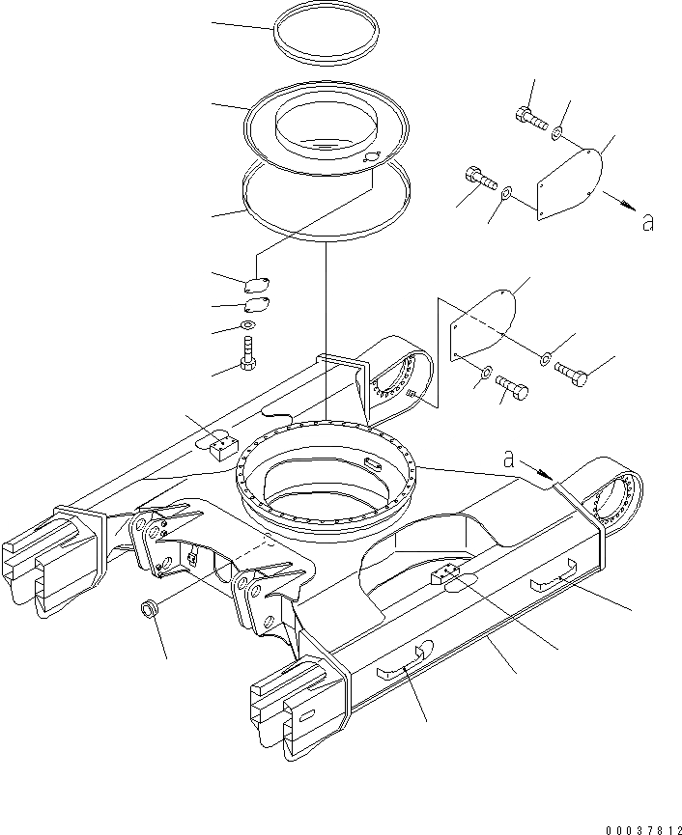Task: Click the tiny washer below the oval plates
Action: tap(248, 326)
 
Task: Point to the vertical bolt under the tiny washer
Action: tap(249, 351)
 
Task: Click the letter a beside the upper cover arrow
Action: tap(648, 223)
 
